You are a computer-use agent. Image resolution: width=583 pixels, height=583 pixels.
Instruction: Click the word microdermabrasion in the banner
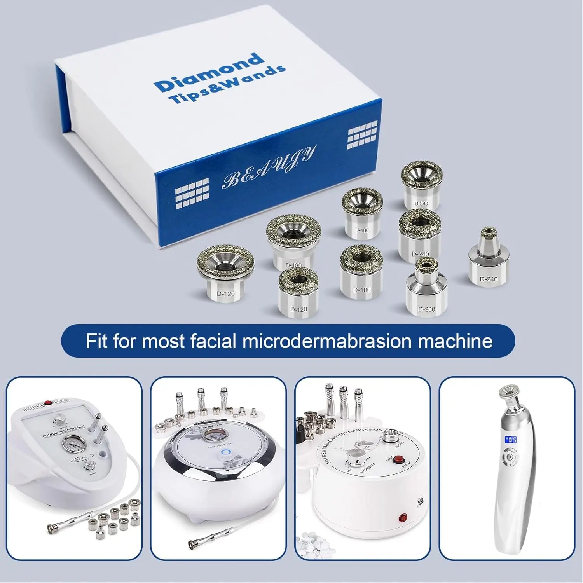tap(326, 341)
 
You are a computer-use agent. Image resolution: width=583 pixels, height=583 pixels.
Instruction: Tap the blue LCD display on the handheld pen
tap(510, 440)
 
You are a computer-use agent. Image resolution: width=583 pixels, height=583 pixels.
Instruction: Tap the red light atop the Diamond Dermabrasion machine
tap(48, 403)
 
